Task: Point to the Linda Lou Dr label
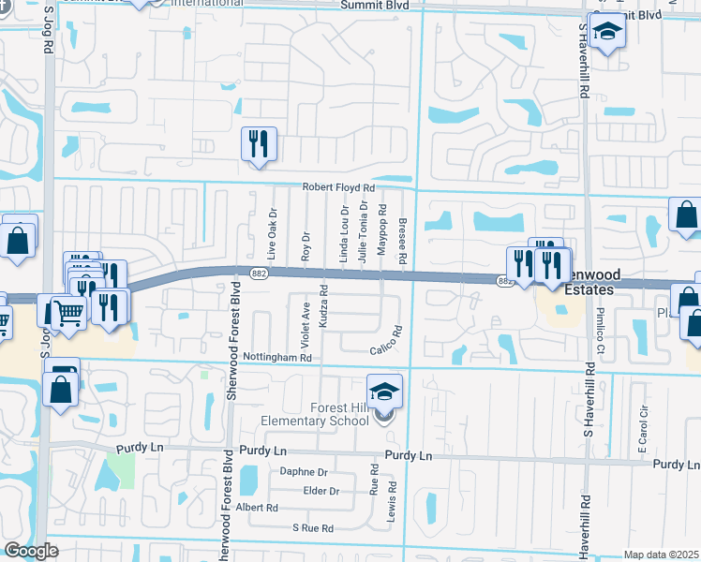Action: pyautogui.click(x=344, y=237)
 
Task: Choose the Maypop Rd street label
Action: pyautogui.click(x=382, y=230)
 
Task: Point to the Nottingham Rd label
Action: pyautogui.click(x=276, y=358)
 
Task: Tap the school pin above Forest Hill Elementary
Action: pyautogui.click(x=384, y=392)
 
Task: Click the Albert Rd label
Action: pyautogui.click(x=258, y=508)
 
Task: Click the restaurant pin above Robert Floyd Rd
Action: pyautogui.click(x=256, y=144)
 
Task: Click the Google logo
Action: pyautogui.click(x=31, y=551)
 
